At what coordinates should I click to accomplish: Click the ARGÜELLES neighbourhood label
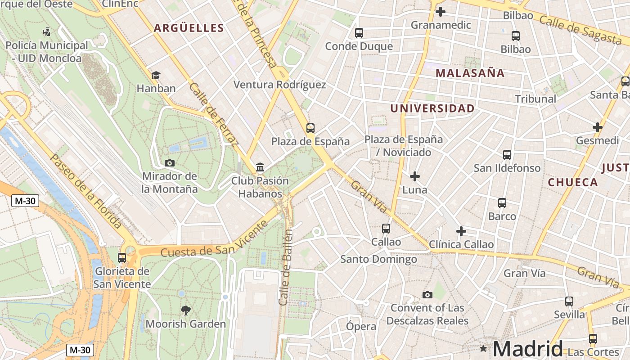[x=189, y=28]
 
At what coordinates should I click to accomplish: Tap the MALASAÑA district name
[x=470, y=73]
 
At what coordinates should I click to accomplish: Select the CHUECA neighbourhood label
[x=572, y=182]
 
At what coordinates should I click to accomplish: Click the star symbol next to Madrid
[x=483, y=348]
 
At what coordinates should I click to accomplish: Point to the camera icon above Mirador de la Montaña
[x=170, y=163]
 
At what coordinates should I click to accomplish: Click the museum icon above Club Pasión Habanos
[x=260, y=167]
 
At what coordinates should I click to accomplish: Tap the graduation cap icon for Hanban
[x=156, y=75]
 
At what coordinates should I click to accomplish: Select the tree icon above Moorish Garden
[x=185, y=310]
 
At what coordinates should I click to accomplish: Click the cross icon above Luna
[x=414, y=176]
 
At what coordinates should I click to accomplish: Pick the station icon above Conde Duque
[x=359, y=33]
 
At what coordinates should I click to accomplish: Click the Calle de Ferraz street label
[x=213, y=114]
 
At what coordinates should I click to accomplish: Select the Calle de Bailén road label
[x=286, y=267]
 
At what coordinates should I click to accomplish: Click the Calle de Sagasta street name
[x=580, y=30]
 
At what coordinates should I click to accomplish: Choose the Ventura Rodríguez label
[x=279, y=85]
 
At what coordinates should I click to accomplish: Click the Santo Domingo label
[x=378, y=259]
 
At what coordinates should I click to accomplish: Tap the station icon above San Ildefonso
[x=507, y=154]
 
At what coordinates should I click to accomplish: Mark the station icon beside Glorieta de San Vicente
[x=122, y=258]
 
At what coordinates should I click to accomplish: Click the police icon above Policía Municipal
[x=46, y=32]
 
